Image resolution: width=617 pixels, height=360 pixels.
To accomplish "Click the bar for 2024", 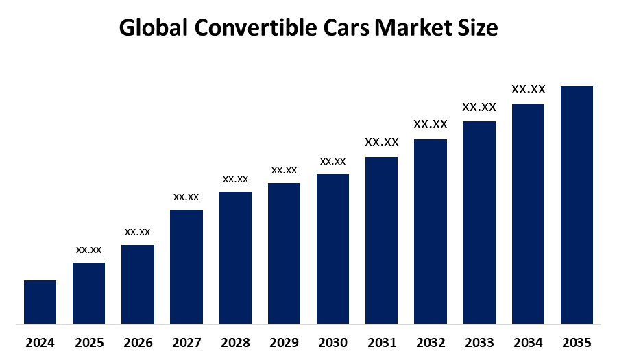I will coord(40,302).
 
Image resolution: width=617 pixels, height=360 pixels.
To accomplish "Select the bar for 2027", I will coord(186,266).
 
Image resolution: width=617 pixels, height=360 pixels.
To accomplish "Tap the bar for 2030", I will coord(332,248).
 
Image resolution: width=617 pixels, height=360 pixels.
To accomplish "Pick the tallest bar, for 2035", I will coord(577,204).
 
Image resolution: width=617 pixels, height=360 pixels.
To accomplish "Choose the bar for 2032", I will coord(431,231).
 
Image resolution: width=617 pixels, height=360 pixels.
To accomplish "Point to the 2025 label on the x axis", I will coord(88,342).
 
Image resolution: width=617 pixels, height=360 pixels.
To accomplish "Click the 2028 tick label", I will coord(235,342).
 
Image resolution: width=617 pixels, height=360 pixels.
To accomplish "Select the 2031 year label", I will coord(382,342).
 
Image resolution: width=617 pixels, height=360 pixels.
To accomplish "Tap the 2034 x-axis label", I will coord(528,342).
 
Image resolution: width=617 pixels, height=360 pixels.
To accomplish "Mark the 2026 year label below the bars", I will coord(137,342).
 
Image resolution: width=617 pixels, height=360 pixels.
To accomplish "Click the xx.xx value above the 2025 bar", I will coord(88,250).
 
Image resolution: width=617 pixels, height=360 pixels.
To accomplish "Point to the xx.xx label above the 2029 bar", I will coord(284,170).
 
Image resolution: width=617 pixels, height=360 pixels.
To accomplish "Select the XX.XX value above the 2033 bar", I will coord(479,107).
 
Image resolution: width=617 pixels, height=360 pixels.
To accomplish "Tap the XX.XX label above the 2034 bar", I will coord(529,89).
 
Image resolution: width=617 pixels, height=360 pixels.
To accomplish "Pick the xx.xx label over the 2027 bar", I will coord(186,197).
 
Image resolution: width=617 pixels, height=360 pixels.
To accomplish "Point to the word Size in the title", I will coord(478,28).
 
